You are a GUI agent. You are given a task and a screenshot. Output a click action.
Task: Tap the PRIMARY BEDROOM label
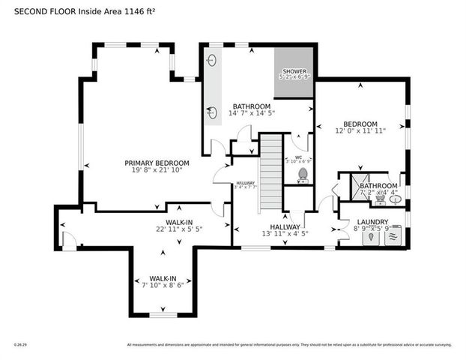click(x=157, y=163)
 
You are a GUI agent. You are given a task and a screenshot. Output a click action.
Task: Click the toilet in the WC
click(x=303, y=175)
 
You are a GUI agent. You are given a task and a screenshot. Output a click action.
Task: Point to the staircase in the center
click(x=270, y=172)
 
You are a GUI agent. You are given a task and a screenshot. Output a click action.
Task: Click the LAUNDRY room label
click(x=372, y=222)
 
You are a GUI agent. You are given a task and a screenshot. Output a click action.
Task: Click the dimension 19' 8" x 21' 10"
click(x=157, y=170)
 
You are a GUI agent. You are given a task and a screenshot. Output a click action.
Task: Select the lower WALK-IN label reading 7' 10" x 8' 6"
click(x=163, y=284)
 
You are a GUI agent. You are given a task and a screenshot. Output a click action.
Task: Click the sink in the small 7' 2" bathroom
click(x=395, y=199)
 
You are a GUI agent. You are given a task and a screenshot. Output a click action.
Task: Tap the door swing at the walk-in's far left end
click(x=70, y=240)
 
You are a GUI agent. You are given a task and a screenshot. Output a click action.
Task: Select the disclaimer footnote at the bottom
click(x=289, y=345)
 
